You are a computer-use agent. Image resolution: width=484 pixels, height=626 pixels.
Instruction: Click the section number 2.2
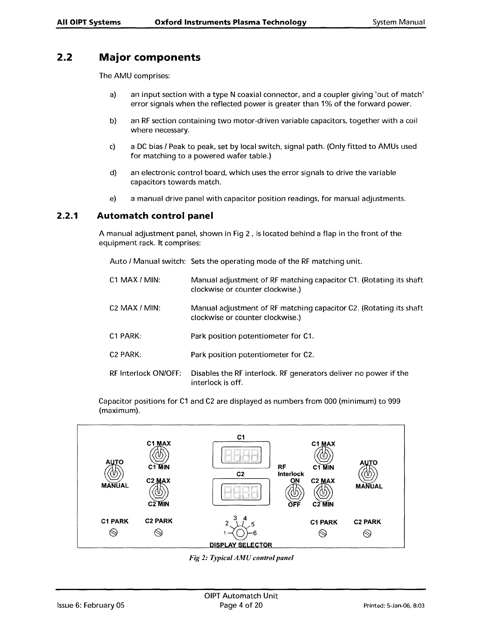(x=65, y=58)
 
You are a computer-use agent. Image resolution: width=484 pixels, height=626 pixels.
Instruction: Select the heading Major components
(x=149, y=58)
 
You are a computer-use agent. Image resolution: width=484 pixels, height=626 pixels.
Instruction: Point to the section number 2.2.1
(x=68, y=216)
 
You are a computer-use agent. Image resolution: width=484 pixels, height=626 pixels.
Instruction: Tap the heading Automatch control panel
(x=155, y=216)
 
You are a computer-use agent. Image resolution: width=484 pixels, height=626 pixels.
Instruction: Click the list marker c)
(x=112, y=147)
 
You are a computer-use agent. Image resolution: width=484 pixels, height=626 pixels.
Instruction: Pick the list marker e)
(x=112, y=198)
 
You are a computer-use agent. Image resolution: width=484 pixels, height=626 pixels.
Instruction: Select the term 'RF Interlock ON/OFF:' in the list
(x=145, y=373)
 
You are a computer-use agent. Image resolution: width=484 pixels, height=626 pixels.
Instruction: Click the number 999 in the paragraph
(x=394, y=402)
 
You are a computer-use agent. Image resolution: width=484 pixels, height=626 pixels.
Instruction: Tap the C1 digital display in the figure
(x=241, y=454)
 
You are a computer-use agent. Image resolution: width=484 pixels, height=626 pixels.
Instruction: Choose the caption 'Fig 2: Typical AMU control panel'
(x=241, y=558)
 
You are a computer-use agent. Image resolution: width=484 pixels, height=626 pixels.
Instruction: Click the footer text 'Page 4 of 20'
(x=241, y=605)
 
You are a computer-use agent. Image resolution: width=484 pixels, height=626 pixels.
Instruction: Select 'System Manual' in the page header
(x=399, y=22)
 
